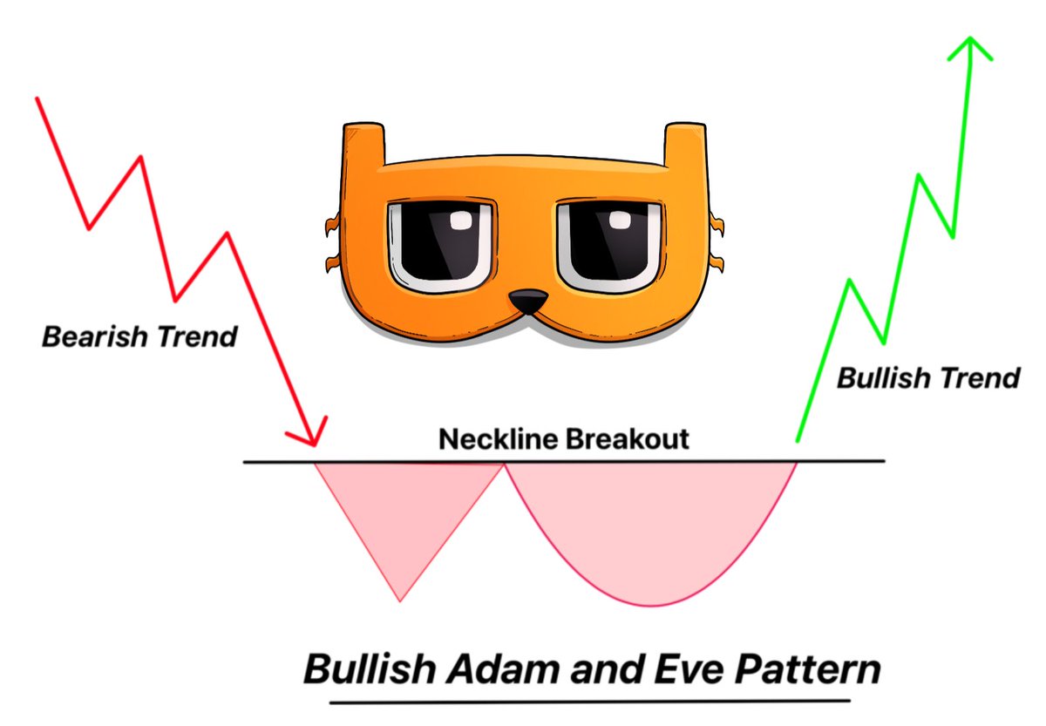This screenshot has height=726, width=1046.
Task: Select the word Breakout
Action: tap(627, 439)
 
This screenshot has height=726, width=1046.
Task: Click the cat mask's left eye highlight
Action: tap(461, 221)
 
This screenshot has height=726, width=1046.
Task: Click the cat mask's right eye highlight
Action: tap(620, 221)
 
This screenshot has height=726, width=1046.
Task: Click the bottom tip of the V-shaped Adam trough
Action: tap(400, 600)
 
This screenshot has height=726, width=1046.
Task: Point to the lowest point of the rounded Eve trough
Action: tap(651, 606)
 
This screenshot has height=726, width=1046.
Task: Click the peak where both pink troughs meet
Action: tap(505, 464)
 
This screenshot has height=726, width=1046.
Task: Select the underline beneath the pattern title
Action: tap(590, 702)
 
